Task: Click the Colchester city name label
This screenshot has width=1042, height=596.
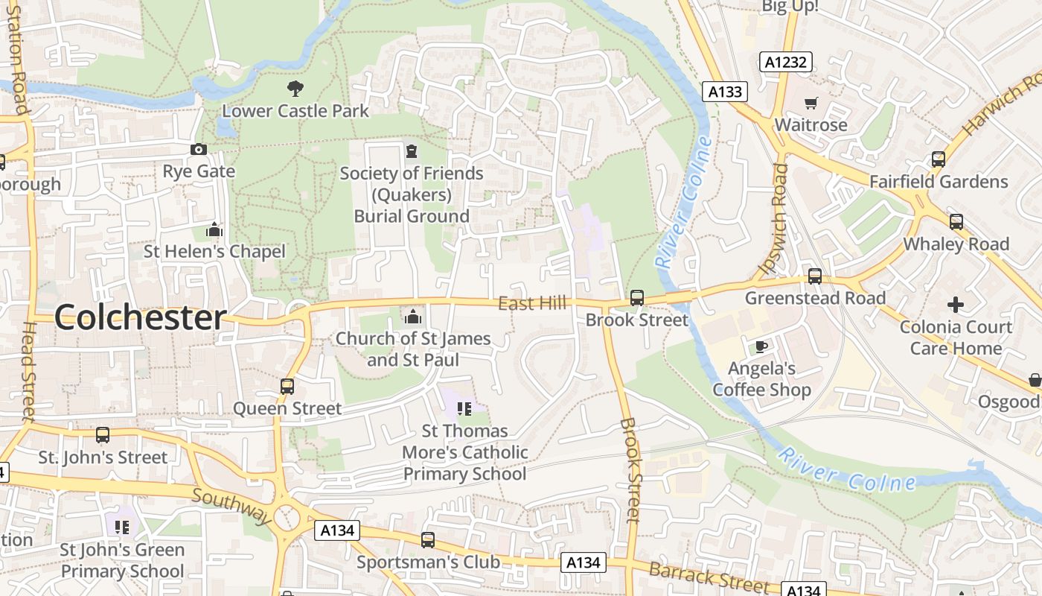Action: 140,317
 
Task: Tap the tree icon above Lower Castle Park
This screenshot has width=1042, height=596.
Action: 295,89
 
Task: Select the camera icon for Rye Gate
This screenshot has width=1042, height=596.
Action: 198,149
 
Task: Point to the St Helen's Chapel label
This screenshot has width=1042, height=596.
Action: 214,252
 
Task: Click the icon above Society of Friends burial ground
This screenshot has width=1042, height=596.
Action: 411,151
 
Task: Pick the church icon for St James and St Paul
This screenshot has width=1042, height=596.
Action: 412,317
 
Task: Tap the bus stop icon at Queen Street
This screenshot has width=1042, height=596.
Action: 287,387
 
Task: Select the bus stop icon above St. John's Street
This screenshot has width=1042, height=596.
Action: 103,435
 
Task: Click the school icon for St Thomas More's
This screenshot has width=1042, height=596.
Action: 464,408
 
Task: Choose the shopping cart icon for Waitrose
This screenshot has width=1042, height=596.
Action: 811,103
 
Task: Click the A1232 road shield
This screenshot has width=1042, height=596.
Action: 786,62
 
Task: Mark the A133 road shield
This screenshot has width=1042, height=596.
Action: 724,92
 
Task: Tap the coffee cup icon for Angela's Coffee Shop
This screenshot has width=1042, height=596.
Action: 761,346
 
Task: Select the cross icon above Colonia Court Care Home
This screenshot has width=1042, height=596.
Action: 956,304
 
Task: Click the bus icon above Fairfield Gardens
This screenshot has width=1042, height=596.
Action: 938,159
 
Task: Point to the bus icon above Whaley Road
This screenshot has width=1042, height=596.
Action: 956,222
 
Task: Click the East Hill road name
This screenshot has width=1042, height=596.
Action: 532,302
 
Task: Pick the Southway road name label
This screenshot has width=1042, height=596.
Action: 231,505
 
